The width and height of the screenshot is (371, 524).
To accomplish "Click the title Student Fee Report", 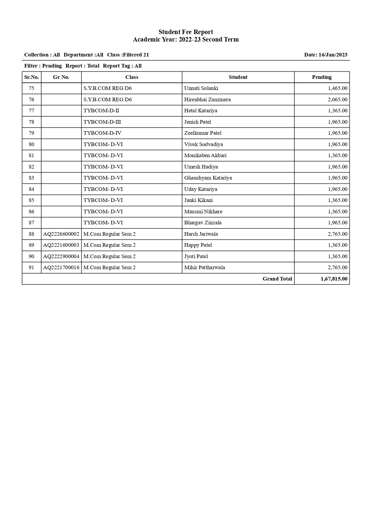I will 185,32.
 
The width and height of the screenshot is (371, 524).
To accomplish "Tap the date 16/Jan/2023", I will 333,55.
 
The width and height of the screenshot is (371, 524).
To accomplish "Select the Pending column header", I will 322,77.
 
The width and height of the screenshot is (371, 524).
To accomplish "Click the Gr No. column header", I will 61,77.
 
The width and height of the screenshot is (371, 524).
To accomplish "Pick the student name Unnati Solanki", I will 201,88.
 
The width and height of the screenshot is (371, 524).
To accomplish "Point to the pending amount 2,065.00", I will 337,99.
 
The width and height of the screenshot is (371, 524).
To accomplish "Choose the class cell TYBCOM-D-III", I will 102,122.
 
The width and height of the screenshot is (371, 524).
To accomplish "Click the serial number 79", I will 31,133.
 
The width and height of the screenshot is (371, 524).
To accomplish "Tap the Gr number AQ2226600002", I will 61,234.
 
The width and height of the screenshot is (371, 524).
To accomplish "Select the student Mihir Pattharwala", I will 204,267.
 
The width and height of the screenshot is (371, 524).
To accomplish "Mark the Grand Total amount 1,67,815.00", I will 334,279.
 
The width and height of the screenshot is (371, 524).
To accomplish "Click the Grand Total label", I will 277,279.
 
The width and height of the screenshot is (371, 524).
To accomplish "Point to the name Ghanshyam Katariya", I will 208,178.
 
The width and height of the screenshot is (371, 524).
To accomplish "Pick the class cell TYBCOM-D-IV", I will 102,133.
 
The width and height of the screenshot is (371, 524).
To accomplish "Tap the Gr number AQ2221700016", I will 61,267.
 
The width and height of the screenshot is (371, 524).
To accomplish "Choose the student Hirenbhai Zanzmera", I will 207,99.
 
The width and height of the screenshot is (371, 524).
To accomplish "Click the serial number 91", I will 31,267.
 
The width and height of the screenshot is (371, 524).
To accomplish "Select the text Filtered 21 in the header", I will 136,55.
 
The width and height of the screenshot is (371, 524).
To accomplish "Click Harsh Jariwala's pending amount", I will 337,234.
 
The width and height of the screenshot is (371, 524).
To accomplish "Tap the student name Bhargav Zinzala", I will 203,223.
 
